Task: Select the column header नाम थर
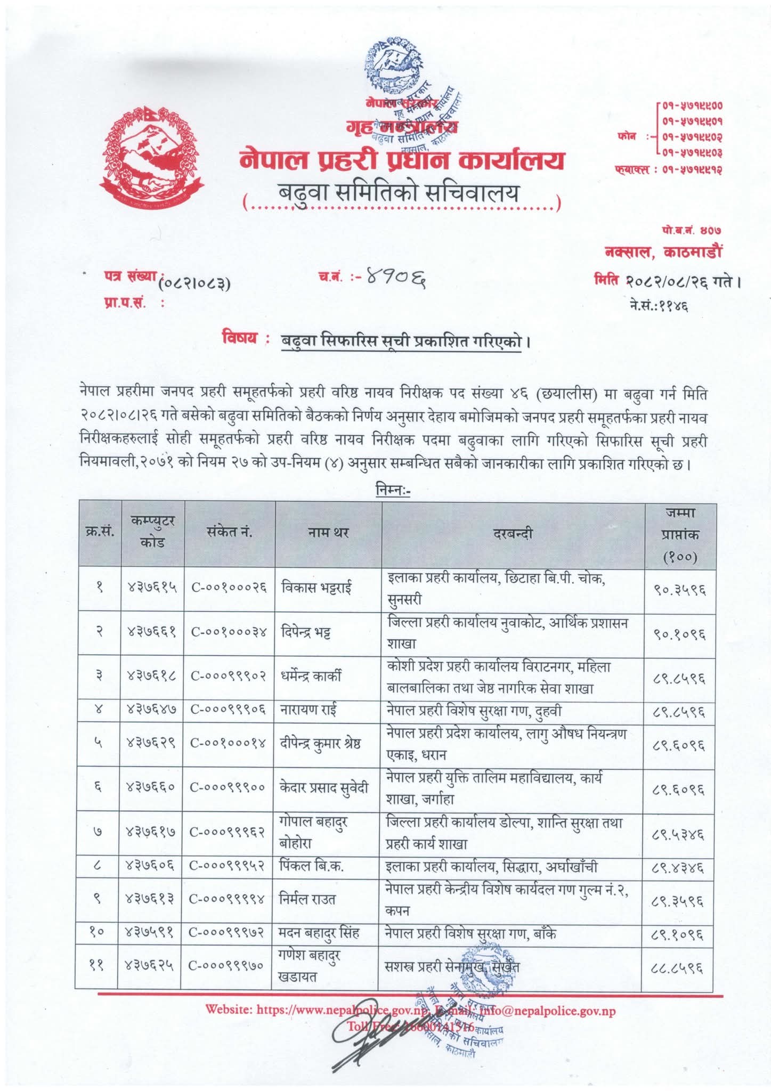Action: point(328,532)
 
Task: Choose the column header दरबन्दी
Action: point(513,532)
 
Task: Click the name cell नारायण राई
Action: point(308,710)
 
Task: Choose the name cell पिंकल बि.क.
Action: point(312,867)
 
